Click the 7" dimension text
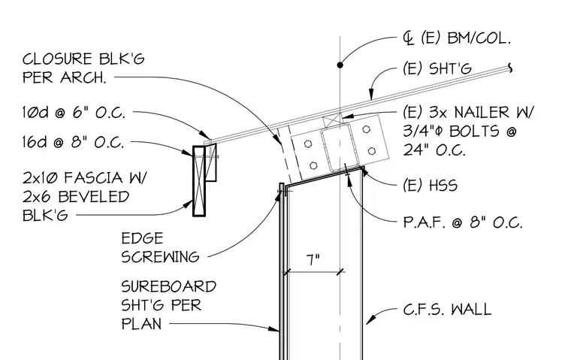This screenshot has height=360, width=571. [313, 260]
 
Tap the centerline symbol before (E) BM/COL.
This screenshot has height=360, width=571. [409, 38]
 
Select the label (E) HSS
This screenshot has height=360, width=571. [430, 186]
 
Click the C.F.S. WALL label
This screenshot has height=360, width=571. [447, 310]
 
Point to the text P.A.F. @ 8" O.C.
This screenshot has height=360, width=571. [463, 222]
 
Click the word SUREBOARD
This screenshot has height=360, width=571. [169, 287]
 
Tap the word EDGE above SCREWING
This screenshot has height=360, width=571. [143, 239]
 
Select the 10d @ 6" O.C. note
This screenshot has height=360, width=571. [74, 113]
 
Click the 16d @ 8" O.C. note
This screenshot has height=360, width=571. [73, 142]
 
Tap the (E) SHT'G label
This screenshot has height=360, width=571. [437, 68]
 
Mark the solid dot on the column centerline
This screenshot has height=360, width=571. [340, 65]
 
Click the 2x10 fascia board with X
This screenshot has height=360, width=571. [199, 181]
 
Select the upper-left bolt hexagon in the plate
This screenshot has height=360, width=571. [308, 144]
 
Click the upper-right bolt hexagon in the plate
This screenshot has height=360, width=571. [367, 129]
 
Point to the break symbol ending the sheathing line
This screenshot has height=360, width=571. [510, 68]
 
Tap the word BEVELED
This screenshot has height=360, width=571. [94, 197]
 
